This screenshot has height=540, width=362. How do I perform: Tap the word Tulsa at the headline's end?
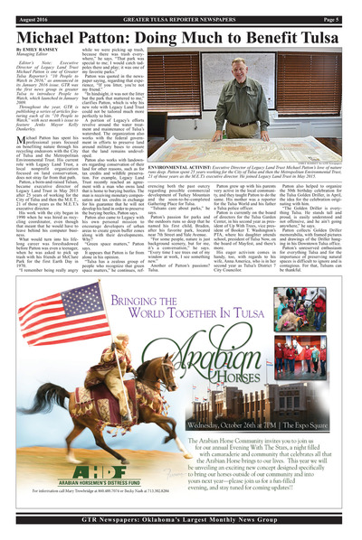(x=323, y=27)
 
